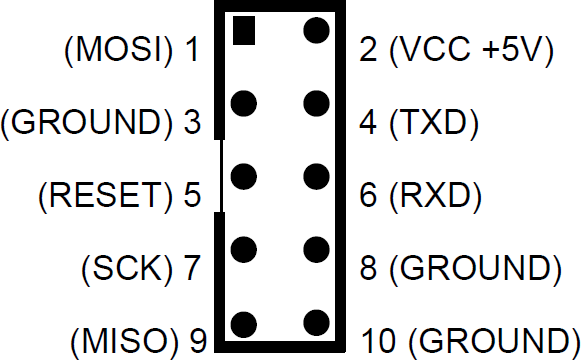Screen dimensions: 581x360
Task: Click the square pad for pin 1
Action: point(243,30)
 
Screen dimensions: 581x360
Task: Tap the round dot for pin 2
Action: point(317,30)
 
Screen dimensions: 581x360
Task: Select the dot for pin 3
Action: point(243,102)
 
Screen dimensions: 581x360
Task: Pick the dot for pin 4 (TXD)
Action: point(317,102)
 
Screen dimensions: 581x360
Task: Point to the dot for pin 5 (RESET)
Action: point(243,176)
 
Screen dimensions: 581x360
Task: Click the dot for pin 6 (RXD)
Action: point(317,176)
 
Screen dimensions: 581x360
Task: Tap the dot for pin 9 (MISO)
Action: point(243,322)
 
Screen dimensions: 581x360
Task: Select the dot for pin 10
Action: point(317,322)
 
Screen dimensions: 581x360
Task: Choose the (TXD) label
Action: point(432,124)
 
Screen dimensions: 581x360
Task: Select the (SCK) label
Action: point(123,268)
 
